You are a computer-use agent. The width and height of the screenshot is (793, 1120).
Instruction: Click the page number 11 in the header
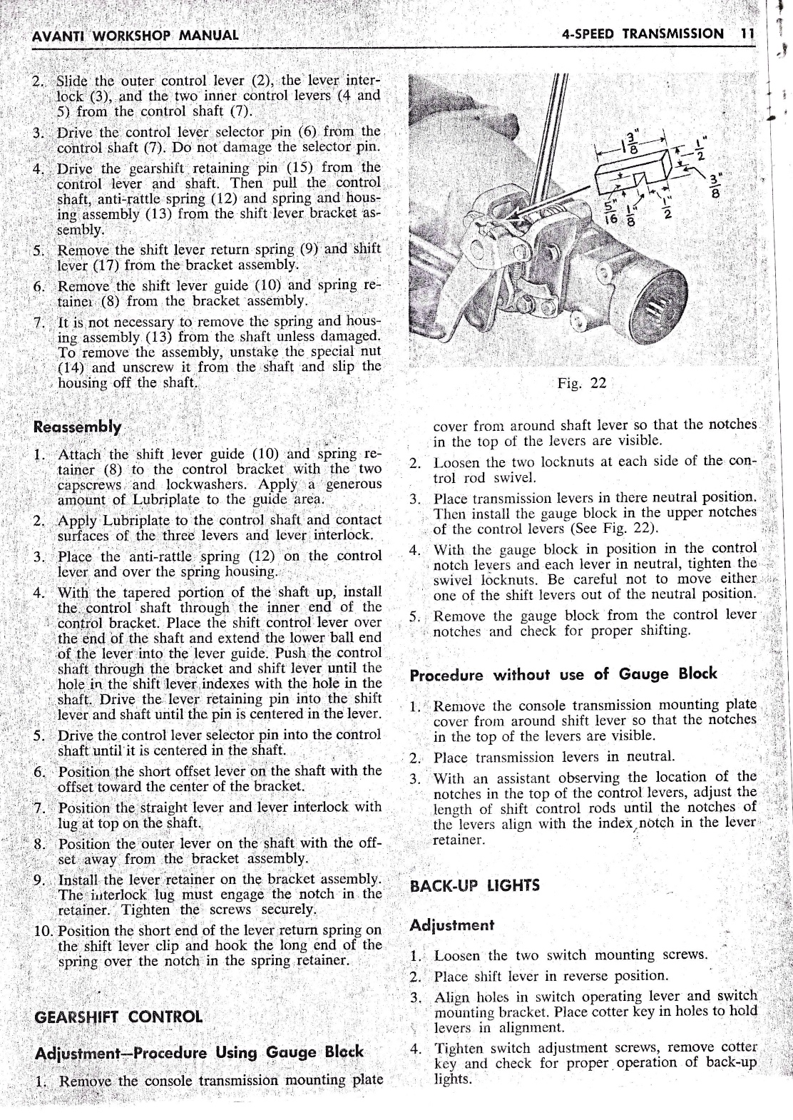coord(747,34)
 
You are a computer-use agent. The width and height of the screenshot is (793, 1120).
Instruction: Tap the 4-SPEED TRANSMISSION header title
coord(642,34)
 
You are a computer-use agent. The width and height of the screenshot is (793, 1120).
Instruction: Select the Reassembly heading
coord(77,427)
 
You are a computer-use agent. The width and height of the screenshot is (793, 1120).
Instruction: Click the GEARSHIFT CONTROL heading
coord(118,1017)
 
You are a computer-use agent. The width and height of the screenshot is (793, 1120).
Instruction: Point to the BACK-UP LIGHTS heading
coord(476,886)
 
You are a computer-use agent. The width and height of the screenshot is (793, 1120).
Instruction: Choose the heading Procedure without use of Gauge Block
coord(563,674)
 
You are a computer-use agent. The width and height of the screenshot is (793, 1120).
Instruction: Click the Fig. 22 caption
coord(582,383)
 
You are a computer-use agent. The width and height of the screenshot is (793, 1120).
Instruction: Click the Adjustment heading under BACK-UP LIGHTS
coord(452,925)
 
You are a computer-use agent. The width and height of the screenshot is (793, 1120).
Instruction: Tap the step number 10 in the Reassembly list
coord(42,931)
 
